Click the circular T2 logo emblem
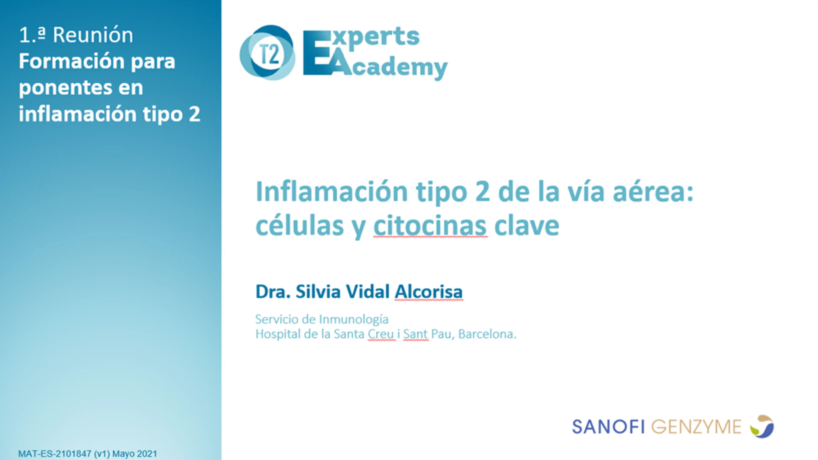[267, 53]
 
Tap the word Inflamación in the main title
[332, 191]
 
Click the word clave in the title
[527, 225]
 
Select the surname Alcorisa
[429, 291]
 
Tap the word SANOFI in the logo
[608, 427]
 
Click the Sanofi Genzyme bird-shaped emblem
[762, 426]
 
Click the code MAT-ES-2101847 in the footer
[55, 454]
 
